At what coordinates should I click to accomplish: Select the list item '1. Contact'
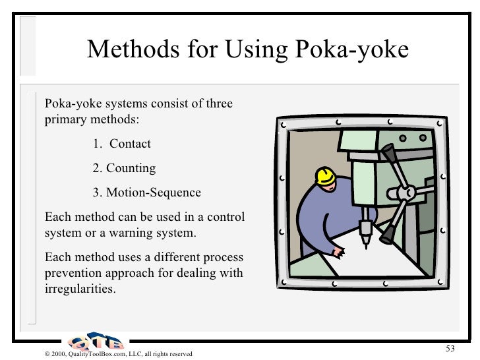(122, 144)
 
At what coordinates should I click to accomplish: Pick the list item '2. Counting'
(124, 168)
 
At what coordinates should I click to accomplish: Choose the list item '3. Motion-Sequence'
(146, 193)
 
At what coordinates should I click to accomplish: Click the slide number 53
(451, 348)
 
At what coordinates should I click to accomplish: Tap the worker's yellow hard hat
(325, 176)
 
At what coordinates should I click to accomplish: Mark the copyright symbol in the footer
(39, 354)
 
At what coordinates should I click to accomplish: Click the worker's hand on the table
(338, 251)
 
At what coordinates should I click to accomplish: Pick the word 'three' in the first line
(218, 104)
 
